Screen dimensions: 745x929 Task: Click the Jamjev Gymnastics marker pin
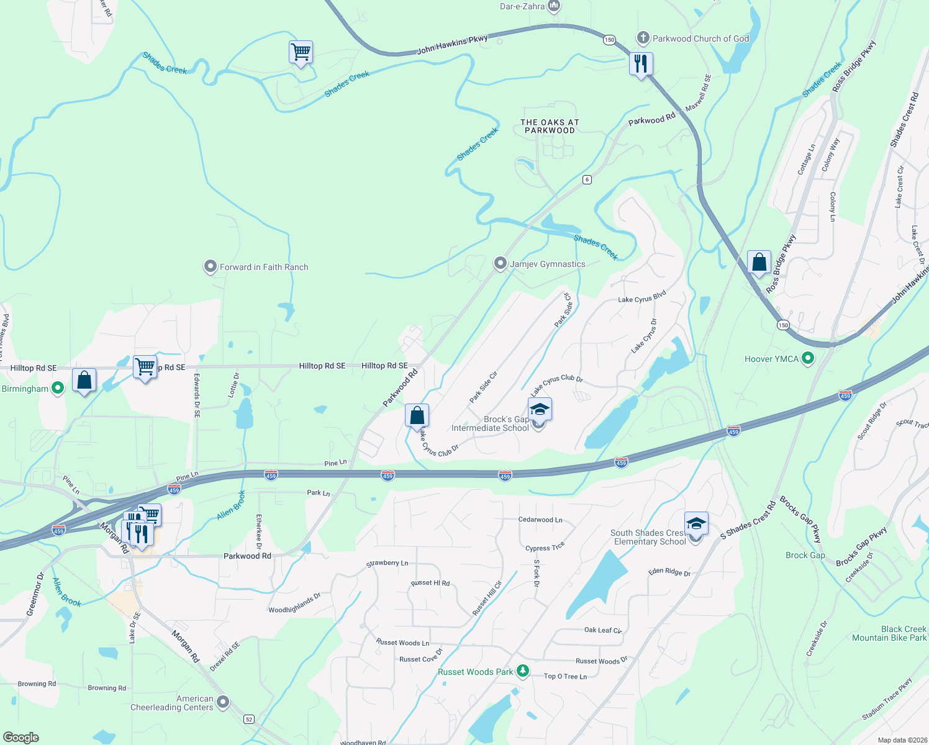tap(500, 264)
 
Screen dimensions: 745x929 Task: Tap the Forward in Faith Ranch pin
tap(210, 267)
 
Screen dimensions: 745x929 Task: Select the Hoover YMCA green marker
tap(808, 358)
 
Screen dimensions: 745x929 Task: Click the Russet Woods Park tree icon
tap(523, 671)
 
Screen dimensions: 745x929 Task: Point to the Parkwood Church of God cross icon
tap(643, 38)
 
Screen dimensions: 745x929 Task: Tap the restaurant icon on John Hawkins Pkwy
tap(641, 63)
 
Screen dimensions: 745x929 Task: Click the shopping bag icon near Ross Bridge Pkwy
tap(759, 263)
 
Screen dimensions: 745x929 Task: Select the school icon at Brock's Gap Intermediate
tap(540, 410)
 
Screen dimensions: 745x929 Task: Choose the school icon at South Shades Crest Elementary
tap(696, 524)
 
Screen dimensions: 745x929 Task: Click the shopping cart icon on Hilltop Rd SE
tap(145, 366)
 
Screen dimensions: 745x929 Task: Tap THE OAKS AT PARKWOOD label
tap(550, 127)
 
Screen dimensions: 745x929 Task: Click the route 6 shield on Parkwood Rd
tap(587, 179)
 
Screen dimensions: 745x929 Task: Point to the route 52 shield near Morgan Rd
tap(249, 719)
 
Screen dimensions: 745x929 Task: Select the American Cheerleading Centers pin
tap(223, 702)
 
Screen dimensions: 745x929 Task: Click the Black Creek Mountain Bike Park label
tap(889, 633)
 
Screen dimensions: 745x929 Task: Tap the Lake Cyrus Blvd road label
tap(641, 296)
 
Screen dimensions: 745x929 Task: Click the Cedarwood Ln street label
tap(540, 520)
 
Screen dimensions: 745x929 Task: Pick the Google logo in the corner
tap(21, 737)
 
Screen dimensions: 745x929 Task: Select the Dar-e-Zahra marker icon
tap(554, 7)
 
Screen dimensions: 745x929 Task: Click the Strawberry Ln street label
tap(387, 563)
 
